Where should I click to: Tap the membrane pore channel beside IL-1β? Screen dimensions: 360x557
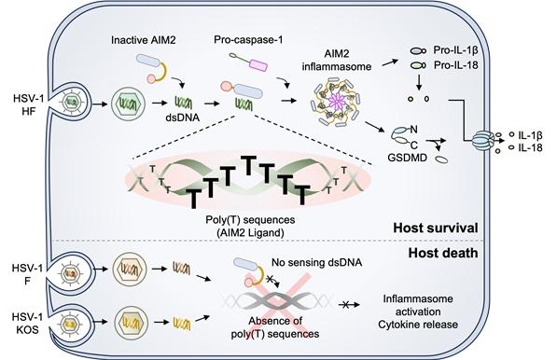click(490, 142)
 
